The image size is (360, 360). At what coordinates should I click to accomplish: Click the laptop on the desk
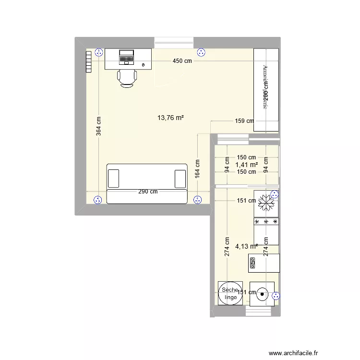[x=127, y=57]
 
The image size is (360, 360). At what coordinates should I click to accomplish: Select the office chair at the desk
[x=127, y=78]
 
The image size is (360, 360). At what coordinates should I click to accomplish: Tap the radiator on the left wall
[x=88, y=62]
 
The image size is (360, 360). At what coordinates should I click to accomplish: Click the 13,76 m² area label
[x=171, y=117]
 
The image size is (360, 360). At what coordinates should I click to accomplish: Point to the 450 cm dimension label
[x=182, y=61]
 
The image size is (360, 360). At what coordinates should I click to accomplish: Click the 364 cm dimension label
[x=98, y=127]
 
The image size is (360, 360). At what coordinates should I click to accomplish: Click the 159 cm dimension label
[x=244, y=121]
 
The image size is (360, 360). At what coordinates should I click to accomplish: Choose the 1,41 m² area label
[x=247, y=165]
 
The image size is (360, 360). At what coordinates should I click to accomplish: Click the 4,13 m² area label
[x=246, y=246]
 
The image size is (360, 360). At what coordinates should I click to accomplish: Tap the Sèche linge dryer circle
[x=230, y=293]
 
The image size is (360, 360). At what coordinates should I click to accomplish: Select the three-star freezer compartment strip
[x=266, y=222]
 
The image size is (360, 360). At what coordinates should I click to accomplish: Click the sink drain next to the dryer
[x=262, y=295]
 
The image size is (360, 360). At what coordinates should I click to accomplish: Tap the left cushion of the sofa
[x=114, y=178]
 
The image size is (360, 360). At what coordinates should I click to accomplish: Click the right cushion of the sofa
[x=180, y=178]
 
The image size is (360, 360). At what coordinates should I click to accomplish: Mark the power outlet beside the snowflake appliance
[x=274, y=194]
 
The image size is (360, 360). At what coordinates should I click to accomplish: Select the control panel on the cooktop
[x=253, y=263]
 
